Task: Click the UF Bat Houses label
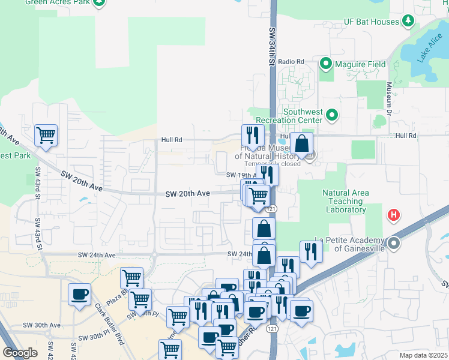[x=372, y=22]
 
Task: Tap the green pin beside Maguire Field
[x=327, y=63]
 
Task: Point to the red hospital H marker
[x=394, y=215]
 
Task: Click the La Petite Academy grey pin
[x=394, y=243]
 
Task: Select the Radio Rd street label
[x=291, y=61]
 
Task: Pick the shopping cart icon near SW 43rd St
[x=46, y=136]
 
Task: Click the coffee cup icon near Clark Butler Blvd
[x=79, y=295]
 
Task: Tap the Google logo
[x=20, y=353]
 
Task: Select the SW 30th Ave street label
[x=42, y=325]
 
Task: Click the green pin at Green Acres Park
[x=99, y=2]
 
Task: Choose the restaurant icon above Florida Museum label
[x=252, y=136]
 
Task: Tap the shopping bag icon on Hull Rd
[x=302, y=144]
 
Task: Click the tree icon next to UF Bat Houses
[x=409, y=22]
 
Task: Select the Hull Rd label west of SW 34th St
[x=171, y=140]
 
